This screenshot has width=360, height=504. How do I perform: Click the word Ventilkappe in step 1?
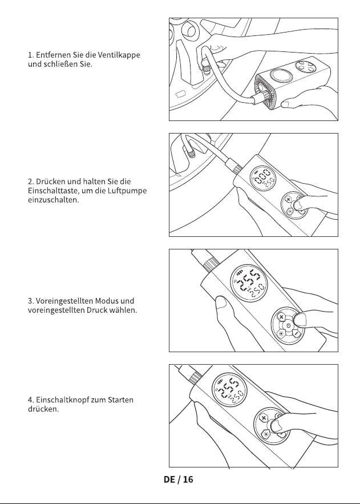tap(119, 55)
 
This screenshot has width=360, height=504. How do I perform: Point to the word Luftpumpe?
tap(127, 191)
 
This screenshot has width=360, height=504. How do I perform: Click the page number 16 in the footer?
tap(188, 479)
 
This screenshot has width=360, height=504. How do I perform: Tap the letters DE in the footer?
tap(169, 479)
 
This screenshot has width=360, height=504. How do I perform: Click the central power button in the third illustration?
tap(288, 325)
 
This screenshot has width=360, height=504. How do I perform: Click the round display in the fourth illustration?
tap(229, 389)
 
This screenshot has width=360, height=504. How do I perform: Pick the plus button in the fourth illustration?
tap(264, 418)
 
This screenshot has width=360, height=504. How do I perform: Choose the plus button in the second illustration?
tap(288, 200)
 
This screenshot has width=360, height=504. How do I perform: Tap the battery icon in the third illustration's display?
tap(240, 273)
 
